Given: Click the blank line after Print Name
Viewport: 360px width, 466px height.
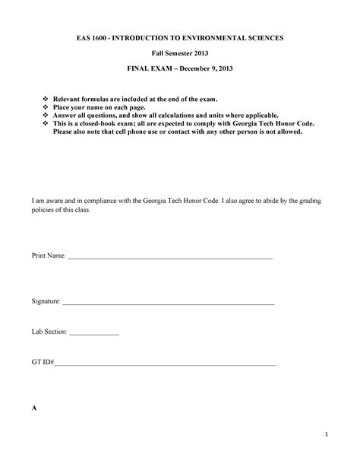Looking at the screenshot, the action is tap(170, 259).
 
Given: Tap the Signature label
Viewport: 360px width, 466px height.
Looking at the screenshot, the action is tap(46, 302).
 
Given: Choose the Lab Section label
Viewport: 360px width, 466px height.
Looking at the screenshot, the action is tap(49, 332).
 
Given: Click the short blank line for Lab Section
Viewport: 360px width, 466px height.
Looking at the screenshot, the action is tap(94, 334).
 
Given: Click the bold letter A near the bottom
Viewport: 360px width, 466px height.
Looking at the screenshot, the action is tap(34, 408).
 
